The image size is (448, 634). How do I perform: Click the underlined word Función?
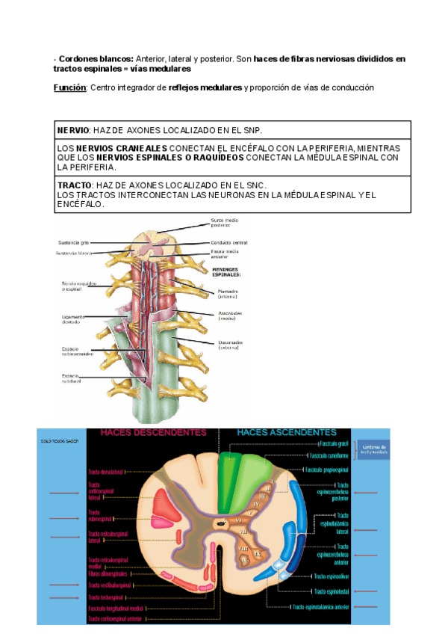pos(69,87)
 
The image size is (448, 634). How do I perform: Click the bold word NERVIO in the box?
pos(74,131)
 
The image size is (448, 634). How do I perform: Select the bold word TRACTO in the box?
pos(75,185)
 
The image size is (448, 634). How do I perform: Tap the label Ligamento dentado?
pos(73,318)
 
